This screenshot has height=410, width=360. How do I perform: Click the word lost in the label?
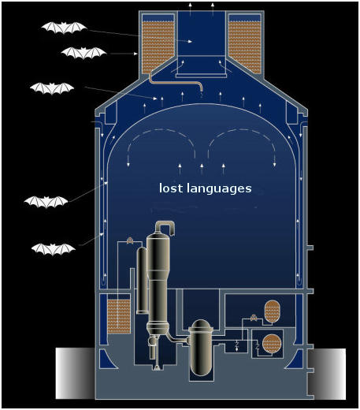pyautogui.click(x=170, y=188)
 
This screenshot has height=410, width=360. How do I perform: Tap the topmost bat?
pyautogui.click(x=64, y=28)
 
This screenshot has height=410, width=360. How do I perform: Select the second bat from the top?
pyautogui.click(x=84, y=53)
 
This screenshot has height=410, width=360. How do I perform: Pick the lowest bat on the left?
pyautogui.click(x=54, y=249)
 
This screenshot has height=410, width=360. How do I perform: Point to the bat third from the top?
pyautogui.click(x=52, y=88)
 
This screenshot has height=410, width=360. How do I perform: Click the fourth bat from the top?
pyautogui.click(x=46, y=202)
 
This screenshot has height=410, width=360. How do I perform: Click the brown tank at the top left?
pyautogui.click(x=158, y=44)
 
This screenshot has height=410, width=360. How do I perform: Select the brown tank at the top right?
pyautogui.click(x=245, y=44)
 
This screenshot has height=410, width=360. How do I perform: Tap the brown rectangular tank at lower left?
pyautogui.click(x=119, y=317)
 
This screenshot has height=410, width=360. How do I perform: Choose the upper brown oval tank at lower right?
pyautogui.click(x=272, y=311)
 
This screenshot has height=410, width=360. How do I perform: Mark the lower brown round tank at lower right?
pyautogui.click(x=272, y=344)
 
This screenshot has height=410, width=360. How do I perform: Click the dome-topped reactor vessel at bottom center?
pyautogui.click(x=201, y=348)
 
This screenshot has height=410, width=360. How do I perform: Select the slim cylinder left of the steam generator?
pyautogui.click(x=142, y=280)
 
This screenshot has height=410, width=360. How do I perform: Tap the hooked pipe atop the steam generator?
pyautogui.click(x=165, y=226)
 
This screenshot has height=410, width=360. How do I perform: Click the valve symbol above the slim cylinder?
pyautogui.click(x=129, y=240)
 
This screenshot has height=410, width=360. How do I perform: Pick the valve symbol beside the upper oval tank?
pyautogui.click(x=254, y=318)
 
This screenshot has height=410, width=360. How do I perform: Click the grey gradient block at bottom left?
pyautogui.click(x=75, y=374)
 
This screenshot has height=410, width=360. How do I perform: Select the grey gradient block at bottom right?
pyautogui.click(x=327, y=374)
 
